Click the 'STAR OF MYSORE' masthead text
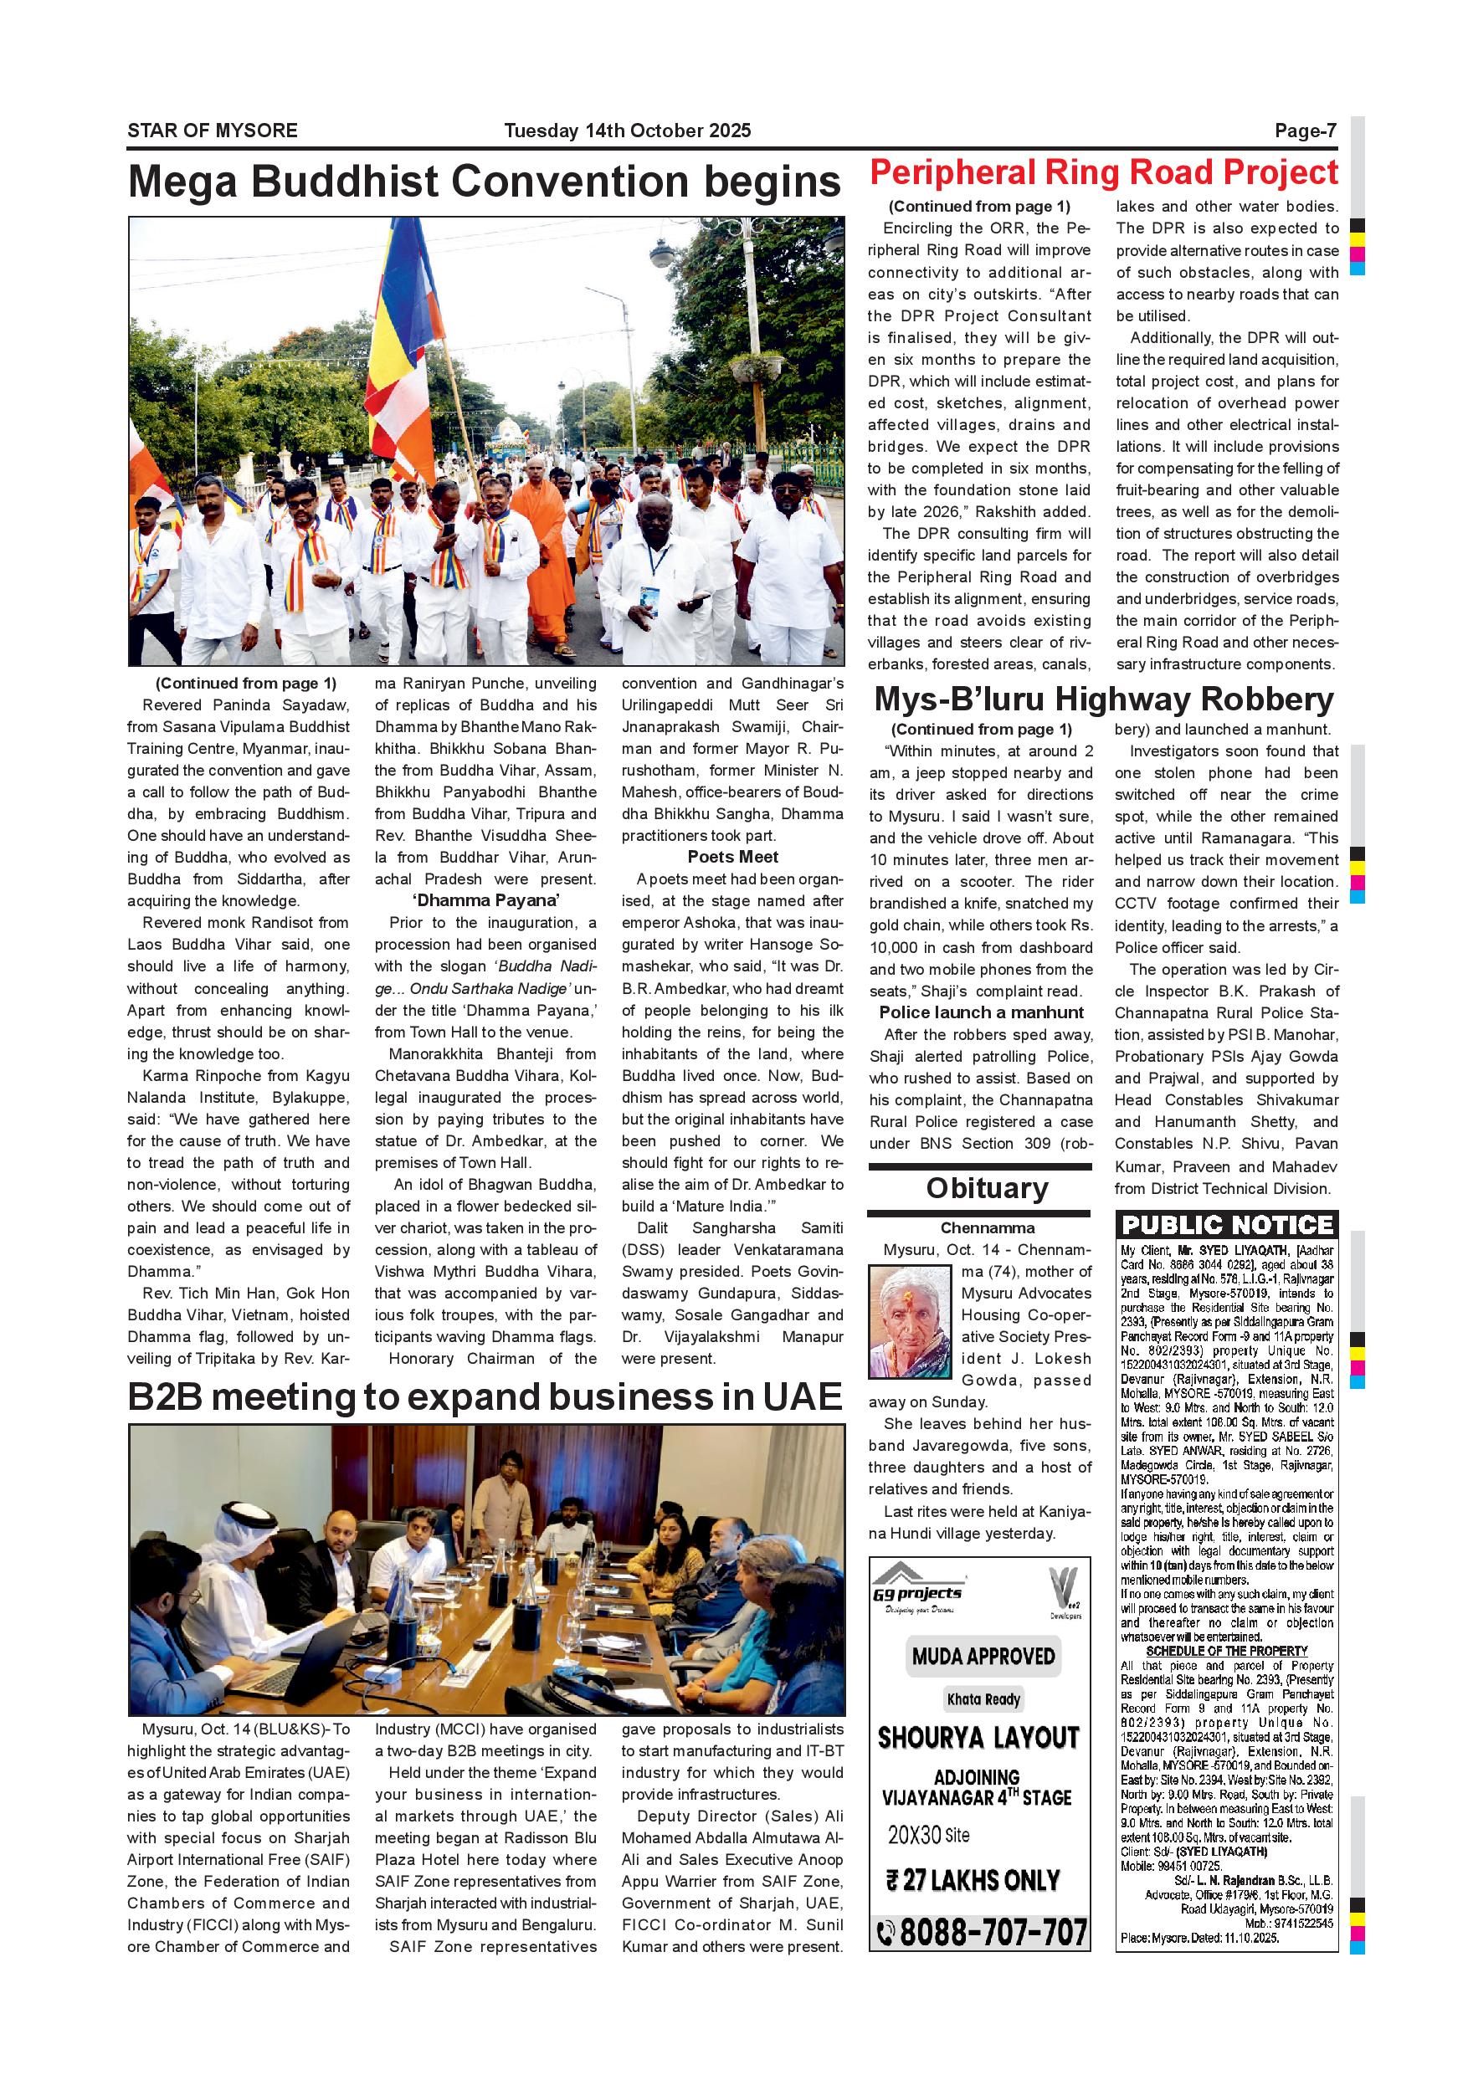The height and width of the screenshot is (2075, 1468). (x=212, y=131)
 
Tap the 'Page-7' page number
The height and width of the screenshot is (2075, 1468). (x=1305, y=131)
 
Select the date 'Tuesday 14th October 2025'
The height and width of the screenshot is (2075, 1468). (x=628, y=131)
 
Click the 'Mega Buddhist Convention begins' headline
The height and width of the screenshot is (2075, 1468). (x=485, y=182)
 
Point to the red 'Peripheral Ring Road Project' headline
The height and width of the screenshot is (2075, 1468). (x=1103, y=172)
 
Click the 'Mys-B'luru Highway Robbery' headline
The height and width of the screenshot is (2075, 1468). (x=1104, y=699)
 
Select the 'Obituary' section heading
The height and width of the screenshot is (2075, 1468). (x=986, y=1188)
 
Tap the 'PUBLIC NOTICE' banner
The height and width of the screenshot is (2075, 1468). (x=1227, y=1226)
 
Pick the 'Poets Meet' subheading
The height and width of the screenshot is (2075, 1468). (x=732, y=857)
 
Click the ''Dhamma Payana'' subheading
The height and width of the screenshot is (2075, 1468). (x=485, y=900)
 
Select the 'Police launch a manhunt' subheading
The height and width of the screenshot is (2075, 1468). (x=981, y=1012)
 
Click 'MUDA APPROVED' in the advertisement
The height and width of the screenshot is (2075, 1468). (x=983, y=1656)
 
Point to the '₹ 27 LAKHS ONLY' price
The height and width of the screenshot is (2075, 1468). (x=972, y=1880)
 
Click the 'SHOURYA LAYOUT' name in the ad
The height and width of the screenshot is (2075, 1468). (x=978, y=1737)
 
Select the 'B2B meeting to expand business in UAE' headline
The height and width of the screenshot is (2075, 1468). (x=485, y=1396)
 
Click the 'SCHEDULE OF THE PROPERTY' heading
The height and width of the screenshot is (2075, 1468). (x=1227, y=1650)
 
